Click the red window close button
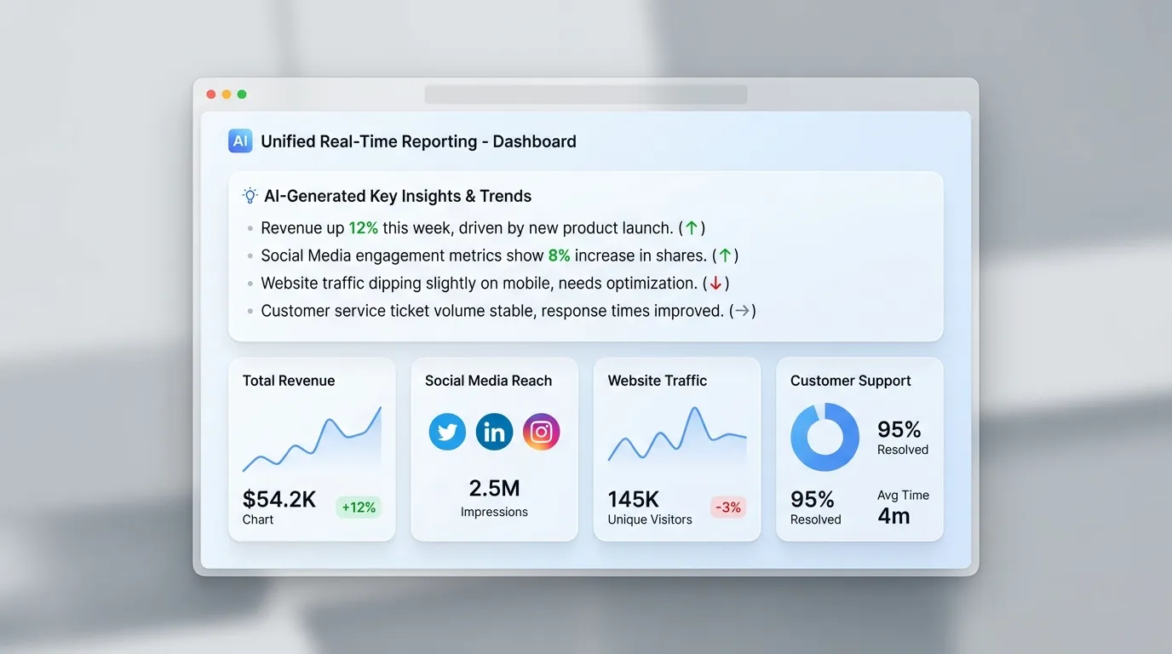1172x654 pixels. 211,95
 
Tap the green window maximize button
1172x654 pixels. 242,95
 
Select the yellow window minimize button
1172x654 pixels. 227,95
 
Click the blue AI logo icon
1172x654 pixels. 240,141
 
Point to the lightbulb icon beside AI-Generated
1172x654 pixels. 250,196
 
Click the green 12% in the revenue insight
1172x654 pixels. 363,228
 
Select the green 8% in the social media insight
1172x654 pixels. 559,255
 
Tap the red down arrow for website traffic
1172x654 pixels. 715,284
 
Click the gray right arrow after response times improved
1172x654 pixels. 743,311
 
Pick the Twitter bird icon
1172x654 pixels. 447,432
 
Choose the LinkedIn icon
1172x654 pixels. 494,432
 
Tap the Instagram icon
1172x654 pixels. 541,432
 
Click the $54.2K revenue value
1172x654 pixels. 279,499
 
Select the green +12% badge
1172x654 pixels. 359,508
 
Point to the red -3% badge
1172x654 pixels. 728,508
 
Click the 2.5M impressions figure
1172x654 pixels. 494,488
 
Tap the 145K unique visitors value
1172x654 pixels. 634,499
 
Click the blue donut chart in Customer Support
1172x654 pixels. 824,437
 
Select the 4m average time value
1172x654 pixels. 893,515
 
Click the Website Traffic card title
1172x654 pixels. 658,381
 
